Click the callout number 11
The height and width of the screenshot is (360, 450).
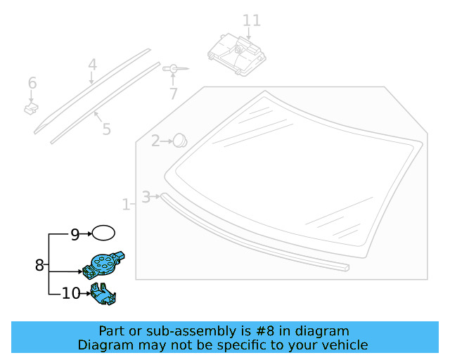point(251,20)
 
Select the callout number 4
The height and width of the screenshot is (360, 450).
point(92,65)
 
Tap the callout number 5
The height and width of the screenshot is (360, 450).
point(106,129)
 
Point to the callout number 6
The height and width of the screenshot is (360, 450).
point(32,84)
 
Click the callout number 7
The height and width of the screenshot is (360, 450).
point(173,94)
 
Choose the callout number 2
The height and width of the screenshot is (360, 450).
point(155,141)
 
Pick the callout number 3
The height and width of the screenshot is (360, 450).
point(146,197)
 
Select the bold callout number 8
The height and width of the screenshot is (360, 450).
point(39,265)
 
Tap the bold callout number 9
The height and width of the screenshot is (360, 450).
point(75,235)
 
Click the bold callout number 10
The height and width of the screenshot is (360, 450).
point(71,293)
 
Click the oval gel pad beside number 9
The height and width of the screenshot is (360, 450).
point(104,233)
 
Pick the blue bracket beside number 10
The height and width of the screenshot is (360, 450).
point(103,295)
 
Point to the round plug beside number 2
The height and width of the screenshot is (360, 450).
point(181,139)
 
